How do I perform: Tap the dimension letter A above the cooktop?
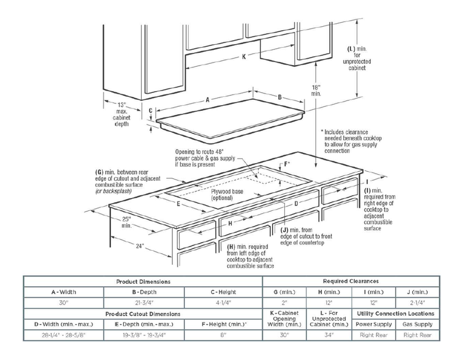[207, 100]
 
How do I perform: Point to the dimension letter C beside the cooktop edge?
[150, 110]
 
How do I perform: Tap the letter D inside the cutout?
[295, 204]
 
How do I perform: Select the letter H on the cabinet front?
[231, 222]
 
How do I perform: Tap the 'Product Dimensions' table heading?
[143, 280]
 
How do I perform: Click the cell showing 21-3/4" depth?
[143, 303]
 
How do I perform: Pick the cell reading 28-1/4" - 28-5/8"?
[63, 336]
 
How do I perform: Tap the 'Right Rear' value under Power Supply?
[374, 336]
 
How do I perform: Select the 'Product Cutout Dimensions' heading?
[143, 314]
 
